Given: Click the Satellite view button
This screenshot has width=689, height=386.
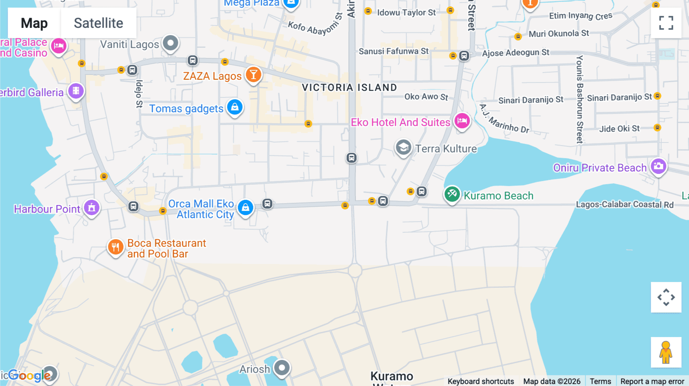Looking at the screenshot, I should pyautogui.click(x=98, y=23).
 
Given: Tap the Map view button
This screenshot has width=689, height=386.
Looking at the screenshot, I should pyautogui.click(x=34, y=23).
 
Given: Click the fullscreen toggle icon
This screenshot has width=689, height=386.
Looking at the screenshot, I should pyautogui.click(x=666, y=23).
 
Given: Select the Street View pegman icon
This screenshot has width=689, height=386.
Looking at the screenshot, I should pyautogui.click(x=666, y=352).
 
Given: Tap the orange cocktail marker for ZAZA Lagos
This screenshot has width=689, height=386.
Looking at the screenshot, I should pyautogui.click(x=253, y=75).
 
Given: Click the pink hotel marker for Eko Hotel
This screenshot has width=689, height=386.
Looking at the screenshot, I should pyautogui.click(x=462, y=121).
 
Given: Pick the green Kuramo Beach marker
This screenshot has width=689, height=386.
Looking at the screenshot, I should pyautogui.click(x=452, y=194).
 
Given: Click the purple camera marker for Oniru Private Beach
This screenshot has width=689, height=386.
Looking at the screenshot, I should pyautogui.click(x=658, y=166).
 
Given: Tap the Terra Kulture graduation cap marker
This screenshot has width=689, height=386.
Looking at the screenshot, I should pyautogui.click(x=403, y=147).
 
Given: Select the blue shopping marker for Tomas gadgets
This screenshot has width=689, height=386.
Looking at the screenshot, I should pyautogui.click(x=235, y=107).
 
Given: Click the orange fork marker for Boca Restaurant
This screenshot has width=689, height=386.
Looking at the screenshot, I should pyautogui.click(x=115, y=247).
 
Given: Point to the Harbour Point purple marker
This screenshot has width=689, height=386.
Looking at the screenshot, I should pyautogui.click(x=92, y=208).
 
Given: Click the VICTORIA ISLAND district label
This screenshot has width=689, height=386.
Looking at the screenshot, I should pyautogui.click(x=349, y=88).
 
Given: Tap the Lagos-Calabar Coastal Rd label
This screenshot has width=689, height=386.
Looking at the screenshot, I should pyautogui.click(x=624, y=204).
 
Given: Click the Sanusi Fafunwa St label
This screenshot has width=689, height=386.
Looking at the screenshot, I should pyautogui.click(x=393, y=51).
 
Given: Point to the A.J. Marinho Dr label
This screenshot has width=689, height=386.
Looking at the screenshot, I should pyautogui.click(x=504, y=119).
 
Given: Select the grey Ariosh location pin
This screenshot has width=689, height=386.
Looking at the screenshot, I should pyautogui.click(x=282, y=368).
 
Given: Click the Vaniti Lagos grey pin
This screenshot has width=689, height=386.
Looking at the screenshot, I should pyautogui.click(x=170, y=43).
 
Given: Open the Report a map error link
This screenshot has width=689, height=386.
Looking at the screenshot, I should pyautogui.click(x=652, y=381).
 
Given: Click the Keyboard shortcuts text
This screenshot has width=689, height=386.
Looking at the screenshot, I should pyautogui.click(x=481, y=381).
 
